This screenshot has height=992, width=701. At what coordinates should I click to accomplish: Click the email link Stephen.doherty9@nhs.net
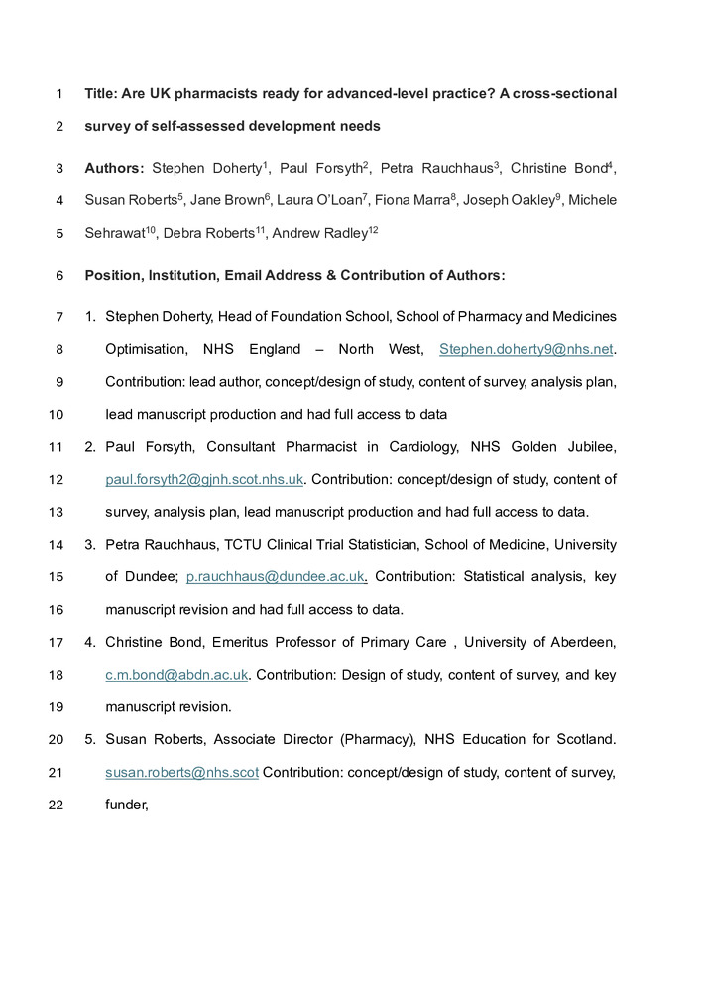pyautogui.click(x=526, y=349)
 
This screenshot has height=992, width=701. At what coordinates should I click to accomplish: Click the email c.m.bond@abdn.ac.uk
pyautogui.click(x=176, y=675)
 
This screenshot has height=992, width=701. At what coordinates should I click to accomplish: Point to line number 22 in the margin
pyautogui.click(x=56, y=805)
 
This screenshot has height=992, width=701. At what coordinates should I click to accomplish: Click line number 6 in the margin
pyautogui.click(x=59, y=275)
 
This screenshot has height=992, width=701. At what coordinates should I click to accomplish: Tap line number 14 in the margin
pyautogui.click(x=56, y=545)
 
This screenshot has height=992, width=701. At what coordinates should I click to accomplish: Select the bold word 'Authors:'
pyautogui.click(x=115, y=168)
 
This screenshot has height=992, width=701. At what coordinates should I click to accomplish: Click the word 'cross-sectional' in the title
pyautogui.click(x=564, y=94)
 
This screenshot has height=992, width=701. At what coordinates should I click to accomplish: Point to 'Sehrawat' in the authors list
pyautogui.click(x=114, y=234)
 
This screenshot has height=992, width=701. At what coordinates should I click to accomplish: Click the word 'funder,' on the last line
pyautogui.click(x=127, y=805)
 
